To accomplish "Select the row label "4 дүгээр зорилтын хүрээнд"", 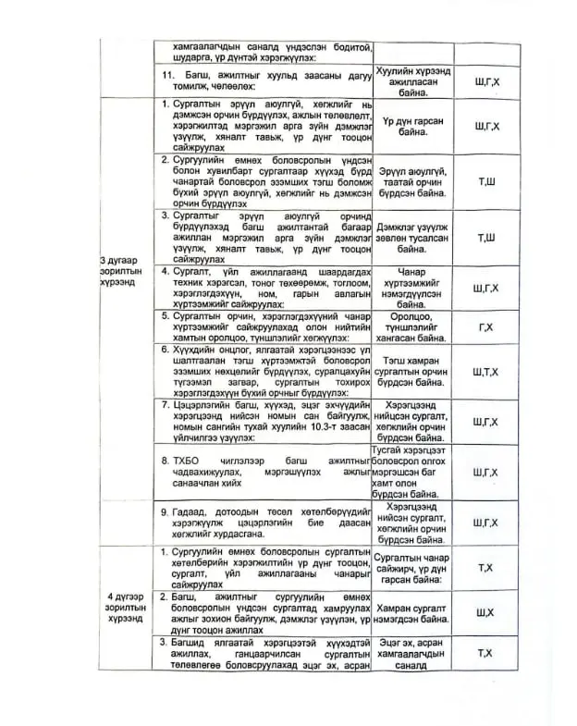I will click(124, 609).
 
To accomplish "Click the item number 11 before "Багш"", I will click(167, 74).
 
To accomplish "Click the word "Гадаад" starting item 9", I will click(191, 511).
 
